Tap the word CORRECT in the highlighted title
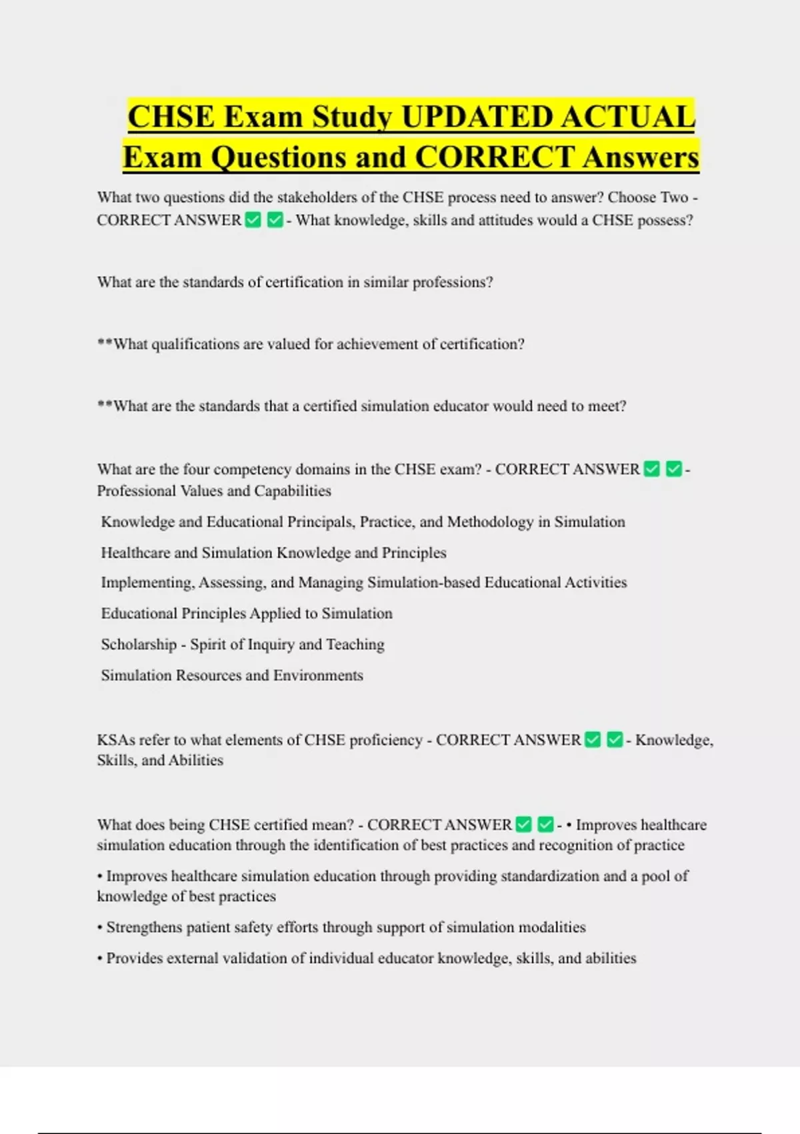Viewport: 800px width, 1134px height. (495, 157)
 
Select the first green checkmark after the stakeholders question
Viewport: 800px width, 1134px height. (253, 219)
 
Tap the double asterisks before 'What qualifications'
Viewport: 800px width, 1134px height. (105, 344)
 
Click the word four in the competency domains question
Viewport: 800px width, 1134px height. (197, 469)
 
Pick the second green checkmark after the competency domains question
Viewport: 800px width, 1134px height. (674, 469)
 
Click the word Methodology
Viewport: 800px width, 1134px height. (490, 522)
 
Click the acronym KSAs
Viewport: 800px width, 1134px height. (116, 740)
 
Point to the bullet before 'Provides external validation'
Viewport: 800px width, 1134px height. (100, 959)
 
